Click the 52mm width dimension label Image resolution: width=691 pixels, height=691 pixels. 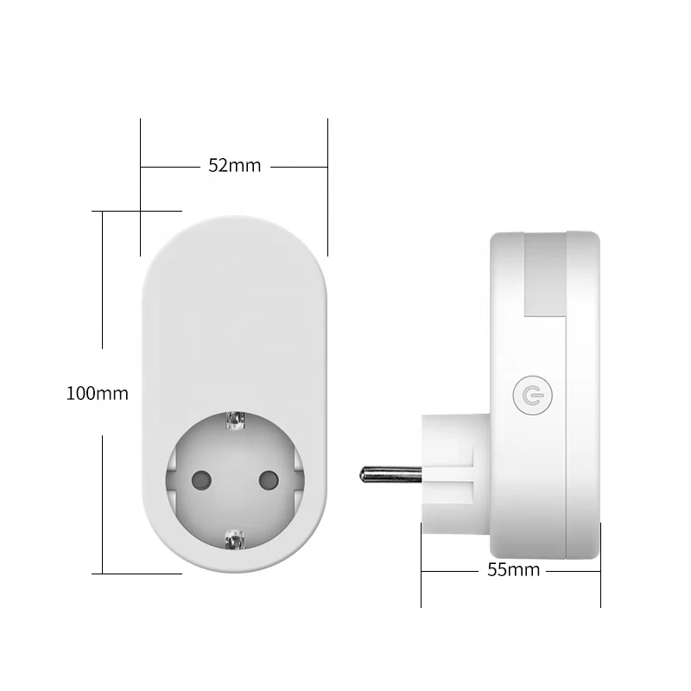pos(234,165)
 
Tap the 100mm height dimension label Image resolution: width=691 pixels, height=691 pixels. pos(97,393)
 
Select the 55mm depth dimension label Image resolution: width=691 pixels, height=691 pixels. pos(513,570)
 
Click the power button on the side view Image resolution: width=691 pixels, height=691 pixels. pos(532,396)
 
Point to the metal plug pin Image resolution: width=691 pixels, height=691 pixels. pos(390,474)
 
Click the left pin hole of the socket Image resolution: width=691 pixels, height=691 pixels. pos(202,480)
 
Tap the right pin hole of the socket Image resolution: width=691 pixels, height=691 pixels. pos(269,480)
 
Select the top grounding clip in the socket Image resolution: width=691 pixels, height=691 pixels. pos(235,421)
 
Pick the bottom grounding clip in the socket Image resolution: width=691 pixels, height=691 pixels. pos(235,539)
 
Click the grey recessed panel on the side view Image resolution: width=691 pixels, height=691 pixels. pos(545,275)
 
